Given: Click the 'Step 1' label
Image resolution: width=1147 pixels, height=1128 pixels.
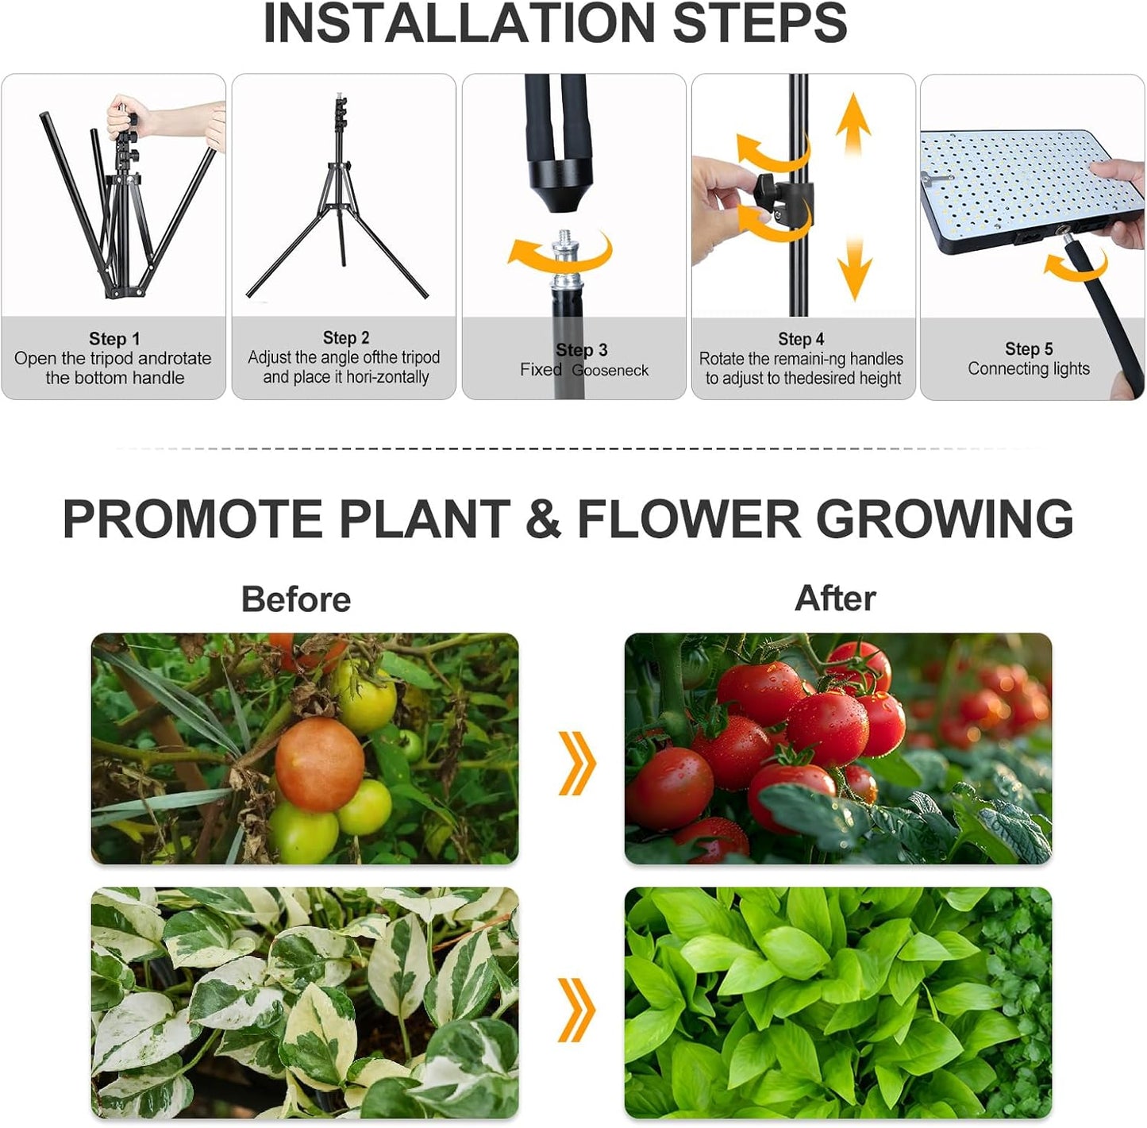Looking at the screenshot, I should coord(114,339).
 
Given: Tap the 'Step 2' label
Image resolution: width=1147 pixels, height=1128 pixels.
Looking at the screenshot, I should coord(346,338).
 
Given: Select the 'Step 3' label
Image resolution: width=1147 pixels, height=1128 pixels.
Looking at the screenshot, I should coord(582,350).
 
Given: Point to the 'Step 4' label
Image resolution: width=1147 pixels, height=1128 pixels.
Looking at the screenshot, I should coord(801,339).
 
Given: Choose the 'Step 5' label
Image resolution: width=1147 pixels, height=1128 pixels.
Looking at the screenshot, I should coord(1029,348).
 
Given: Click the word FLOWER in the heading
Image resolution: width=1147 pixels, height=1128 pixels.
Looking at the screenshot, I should coord(688,519).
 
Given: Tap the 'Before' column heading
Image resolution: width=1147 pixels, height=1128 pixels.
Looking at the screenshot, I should coord(295,599).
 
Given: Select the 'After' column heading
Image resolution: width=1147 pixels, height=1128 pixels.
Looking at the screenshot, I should coord(835,598).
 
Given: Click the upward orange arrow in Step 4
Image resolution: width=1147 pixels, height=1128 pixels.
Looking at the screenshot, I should coord(853,127).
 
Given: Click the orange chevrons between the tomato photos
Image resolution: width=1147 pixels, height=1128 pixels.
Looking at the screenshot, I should coord(576,763).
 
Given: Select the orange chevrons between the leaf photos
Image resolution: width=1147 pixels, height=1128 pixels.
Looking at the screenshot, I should coord(576,1010).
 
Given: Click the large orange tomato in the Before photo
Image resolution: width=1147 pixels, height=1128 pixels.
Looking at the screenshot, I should coord(319,764).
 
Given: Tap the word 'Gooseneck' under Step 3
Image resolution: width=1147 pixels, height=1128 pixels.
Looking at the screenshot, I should coord(610,371).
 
